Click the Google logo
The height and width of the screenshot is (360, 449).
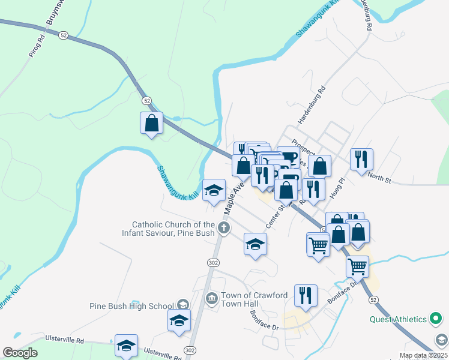click(x=20, y=353)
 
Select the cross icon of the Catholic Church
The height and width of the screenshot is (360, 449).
click(x=223, y=227)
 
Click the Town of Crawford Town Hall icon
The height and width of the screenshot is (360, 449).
click(x=211, y=298)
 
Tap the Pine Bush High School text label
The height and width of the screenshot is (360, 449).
click(x=131, y=306)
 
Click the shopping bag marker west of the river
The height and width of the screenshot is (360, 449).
click(x=151, y=123)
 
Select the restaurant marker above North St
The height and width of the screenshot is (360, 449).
click(x=361, y=160)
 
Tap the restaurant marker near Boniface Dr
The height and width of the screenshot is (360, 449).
click(x=306, y=296)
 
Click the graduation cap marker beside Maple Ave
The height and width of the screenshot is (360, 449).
click(x=214, y=190)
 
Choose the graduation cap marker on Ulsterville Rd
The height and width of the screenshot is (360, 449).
click(x=126, y=345)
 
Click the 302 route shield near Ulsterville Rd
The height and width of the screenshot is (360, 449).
click(x=190, y=350)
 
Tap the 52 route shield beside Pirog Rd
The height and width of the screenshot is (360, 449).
click(x=63, y=35)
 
